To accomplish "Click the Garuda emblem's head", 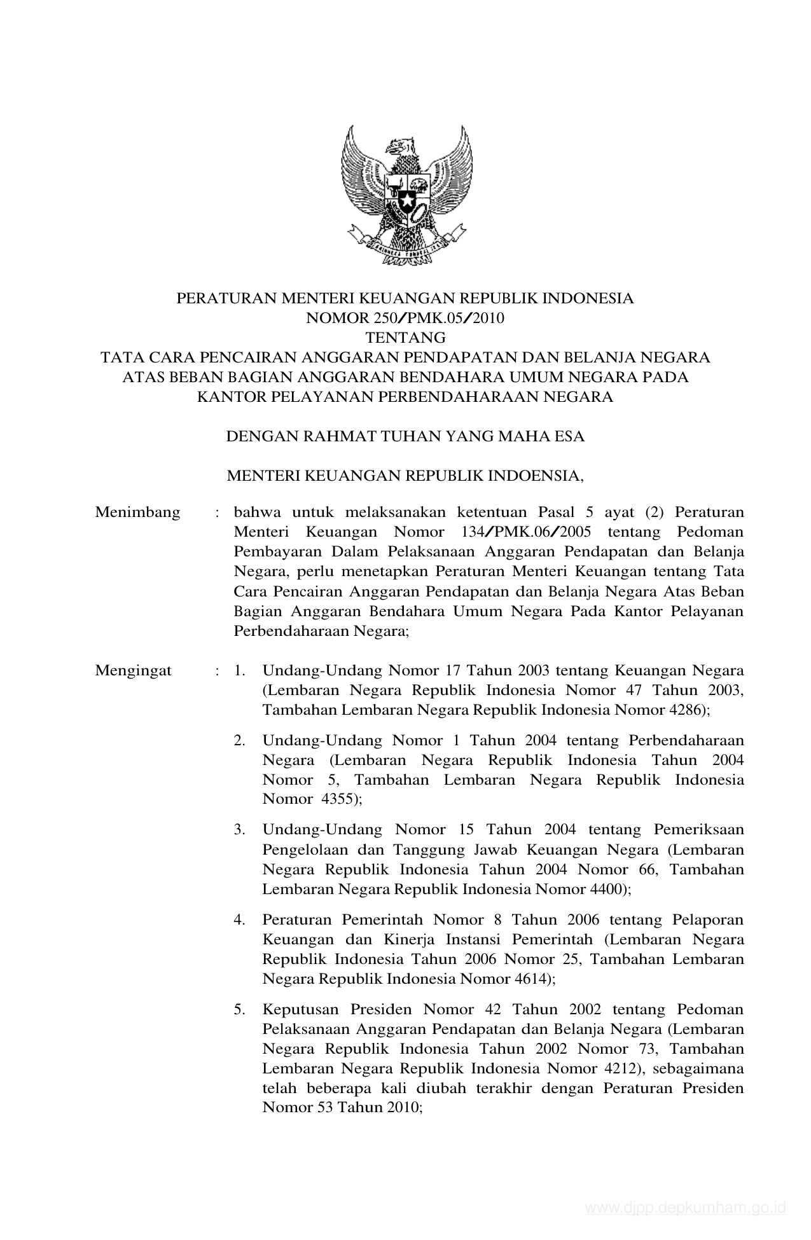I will point(401,147).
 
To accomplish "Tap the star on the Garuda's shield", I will point(406,202).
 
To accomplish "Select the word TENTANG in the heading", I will point(405,338).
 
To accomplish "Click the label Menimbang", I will point(137,513).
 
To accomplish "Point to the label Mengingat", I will point(133,671).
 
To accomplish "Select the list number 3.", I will point(239,830).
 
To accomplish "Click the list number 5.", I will point(239,1010).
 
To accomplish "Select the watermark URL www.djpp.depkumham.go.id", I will point(686,1208).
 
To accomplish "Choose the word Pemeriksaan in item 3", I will point(698,830).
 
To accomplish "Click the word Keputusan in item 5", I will point(299,1010).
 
